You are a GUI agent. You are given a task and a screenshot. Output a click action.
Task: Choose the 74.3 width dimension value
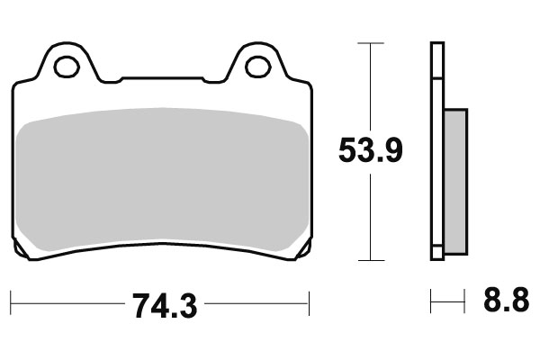(163, 306)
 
